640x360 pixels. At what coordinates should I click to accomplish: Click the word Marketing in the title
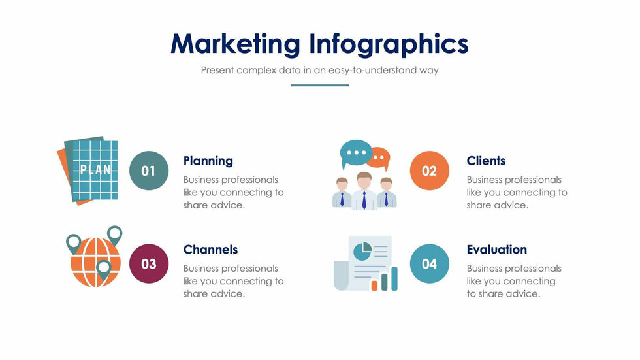[235, 44]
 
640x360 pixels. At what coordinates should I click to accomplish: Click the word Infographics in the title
[389, 44]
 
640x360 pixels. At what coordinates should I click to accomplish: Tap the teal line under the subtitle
[319, 86]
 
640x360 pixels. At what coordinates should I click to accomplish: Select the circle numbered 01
[149, 171]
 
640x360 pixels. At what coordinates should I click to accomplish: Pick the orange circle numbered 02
[430, 171]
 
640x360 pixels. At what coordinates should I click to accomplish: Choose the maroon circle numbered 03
[149, 264]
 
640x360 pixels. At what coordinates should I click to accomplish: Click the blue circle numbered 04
[430, 264]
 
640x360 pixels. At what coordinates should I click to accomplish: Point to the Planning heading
[208, 161]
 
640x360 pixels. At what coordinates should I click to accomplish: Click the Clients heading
[486, 161]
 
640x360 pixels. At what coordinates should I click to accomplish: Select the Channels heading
[210, 250]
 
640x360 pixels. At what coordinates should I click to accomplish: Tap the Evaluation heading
[497, 250]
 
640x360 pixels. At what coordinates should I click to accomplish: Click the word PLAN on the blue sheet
[95, 169]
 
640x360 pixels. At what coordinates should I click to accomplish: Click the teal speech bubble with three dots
[355, 154]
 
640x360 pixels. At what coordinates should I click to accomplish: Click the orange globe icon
[95, 262]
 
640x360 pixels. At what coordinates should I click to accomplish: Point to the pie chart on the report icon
[362, 251]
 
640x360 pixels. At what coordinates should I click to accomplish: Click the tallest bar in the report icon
[394, 279]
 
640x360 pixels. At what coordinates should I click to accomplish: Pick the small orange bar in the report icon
[374, 286]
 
